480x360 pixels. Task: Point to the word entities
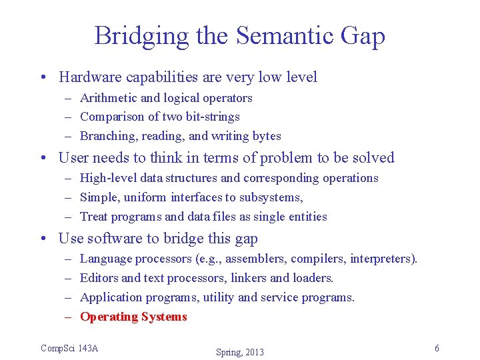click(x=305, y=217)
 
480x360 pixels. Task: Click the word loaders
click(x=313, y=278)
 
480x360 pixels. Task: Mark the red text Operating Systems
click(x=133, y=317)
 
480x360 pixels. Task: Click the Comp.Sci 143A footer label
click(x=69, y=348)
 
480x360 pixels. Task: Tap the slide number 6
click(x=437, y=349)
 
